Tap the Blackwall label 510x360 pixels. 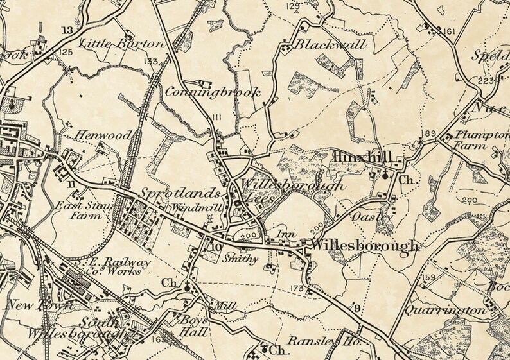[331, 46]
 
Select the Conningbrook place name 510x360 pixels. [213, 92]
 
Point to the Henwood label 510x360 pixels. [104, 135]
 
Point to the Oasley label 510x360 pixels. [371, 218]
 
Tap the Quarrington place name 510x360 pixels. [445, 311]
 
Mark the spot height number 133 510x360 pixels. [151, 62]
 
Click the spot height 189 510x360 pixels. [428, 133]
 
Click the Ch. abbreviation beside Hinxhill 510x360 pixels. [405, 180]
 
